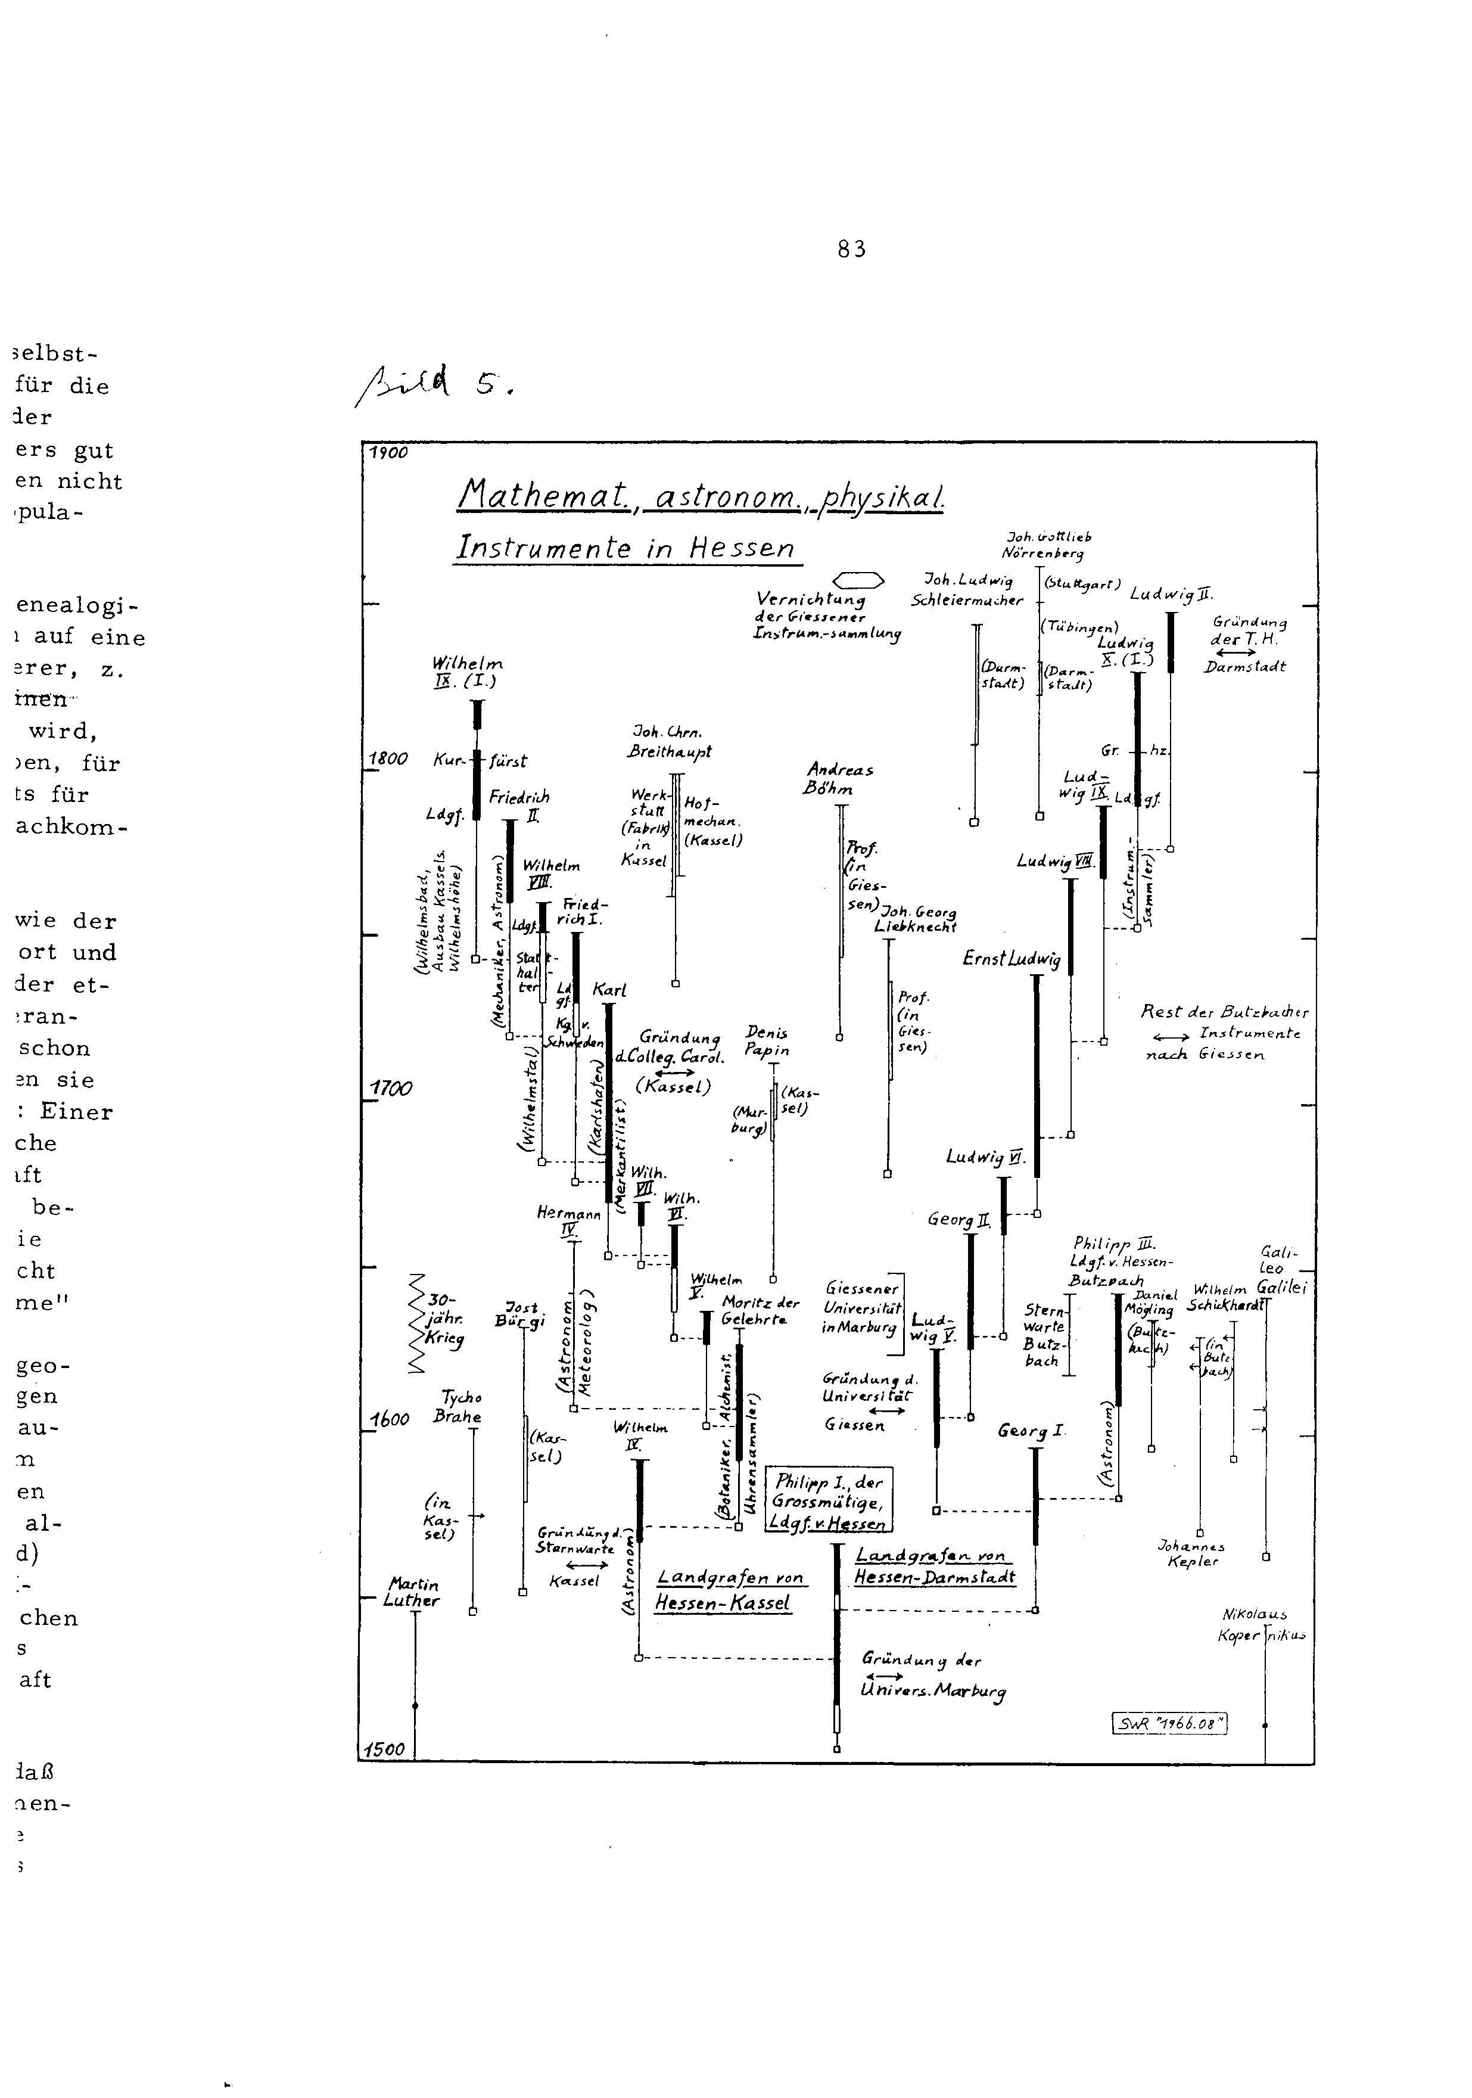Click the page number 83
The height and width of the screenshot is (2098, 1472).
[x=852, y=248]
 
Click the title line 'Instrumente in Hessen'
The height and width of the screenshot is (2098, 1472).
[x=625, y=548]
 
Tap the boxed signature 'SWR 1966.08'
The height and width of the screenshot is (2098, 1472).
[x=1169, y=1723]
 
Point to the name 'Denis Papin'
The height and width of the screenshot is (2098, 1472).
[x=767, y=1041]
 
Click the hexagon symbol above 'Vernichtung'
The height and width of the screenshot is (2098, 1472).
[x=859, y=579]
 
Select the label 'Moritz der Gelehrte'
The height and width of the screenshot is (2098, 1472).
[x=760, y=1310]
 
